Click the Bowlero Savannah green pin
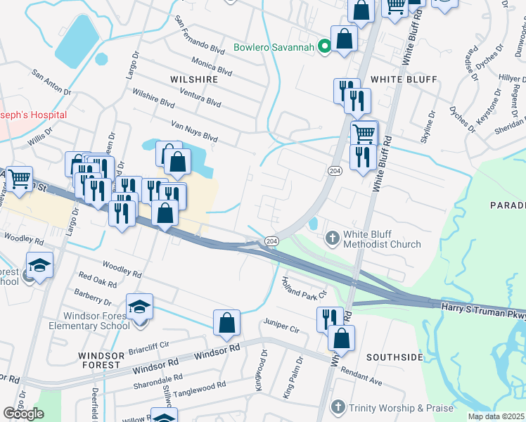click(x=324, y=48)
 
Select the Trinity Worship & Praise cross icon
click(x=338, y=407)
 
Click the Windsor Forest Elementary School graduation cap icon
click(x=139, y=307)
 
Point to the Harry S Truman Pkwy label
click(x=483, y=310)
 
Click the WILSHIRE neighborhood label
click(x=194, y=79)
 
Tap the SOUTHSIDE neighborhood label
click(x=393, y=357)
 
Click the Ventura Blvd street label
click(x=200, y=96)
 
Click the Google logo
click(x=23, y=414)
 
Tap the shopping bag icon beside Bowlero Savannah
click(x=345, y=39)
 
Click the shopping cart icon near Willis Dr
click(x=19, y=179)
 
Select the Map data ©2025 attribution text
click(x=496, y=416)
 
